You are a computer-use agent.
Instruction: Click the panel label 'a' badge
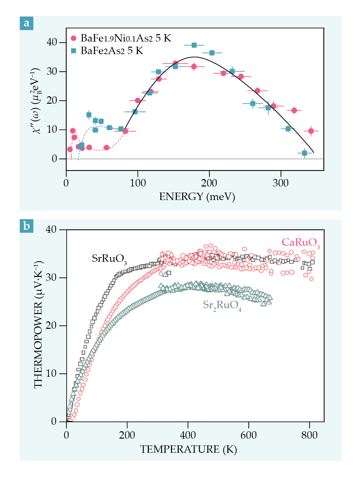(26, 23)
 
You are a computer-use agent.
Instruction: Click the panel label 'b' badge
(26, 226)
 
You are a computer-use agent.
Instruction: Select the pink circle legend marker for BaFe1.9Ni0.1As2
(73, 38)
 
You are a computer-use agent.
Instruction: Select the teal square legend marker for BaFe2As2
(73, 51)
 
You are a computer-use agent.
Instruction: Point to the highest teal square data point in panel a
(194, 45)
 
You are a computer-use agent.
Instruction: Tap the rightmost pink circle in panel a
(311, 131)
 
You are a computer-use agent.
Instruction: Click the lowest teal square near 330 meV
(304, 153)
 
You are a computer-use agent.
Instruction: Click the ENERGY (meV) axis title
(197, 196)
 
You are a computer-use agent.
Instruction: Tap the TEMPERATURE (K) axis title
(188, 449)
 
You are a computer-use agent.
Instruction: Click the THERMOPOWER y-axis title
(38, 325)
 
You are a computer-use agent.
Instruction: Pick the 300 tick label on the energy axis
(280, 183)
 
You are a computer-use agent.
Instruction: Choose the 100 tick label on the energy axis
(138, 183)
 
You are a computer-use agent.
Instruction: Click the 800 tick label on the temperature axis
(309, 435)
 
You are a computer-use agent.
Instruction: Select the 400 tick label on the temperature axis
(188, 435)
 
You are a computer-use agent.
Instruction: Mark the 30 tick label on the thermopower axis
(51, 278)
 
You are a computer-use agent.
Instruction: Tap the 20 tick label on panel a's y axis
(52, 100)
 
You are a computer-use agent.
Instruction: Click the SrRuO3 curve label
(109, 259)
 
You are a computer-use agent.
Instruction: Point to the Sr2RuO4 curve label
(222, 305)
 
